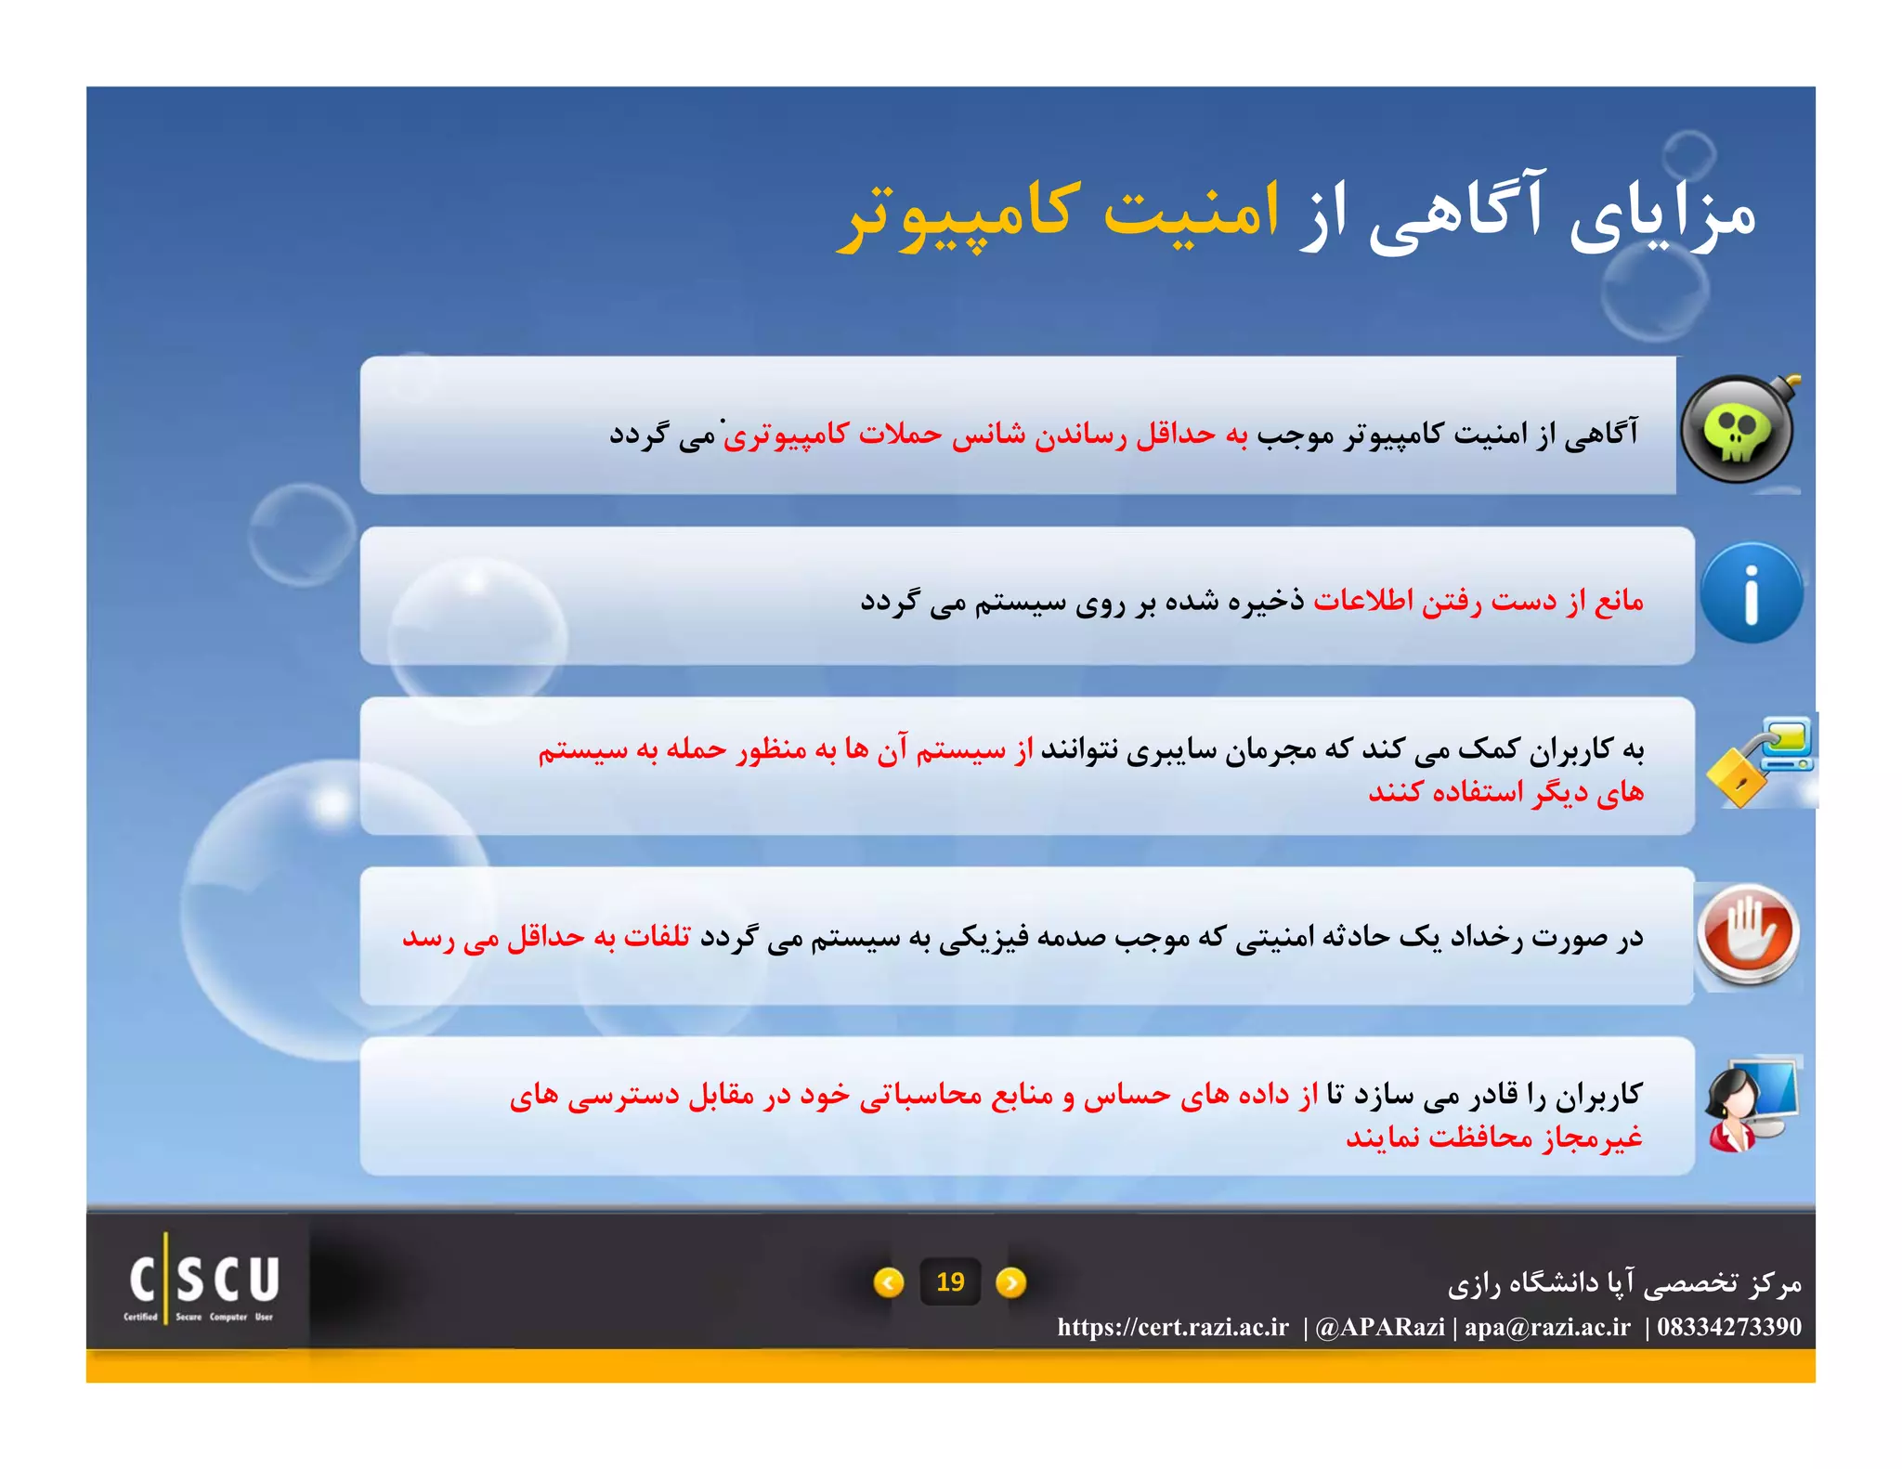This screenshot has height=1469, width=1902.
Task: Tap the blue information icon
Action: (1751, 593)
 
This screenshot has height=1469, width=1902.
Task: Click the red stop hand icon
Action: (1748, 933)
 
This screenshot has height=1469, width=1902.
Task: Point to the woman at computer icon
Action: (1752, 1104)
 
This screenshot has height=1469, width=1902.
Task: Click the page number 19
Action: (949, 1282)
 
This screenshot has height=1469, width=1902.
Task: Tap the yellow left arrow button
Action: (889, 1282)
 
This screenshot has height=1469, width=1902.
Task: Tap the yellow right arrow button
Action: (1010, 1282)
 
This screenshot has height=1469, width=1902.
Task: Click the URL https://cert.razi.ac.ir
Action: (1173, 1327)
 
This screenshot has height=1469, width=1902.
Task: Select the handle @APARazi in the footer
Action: (1379, 1327)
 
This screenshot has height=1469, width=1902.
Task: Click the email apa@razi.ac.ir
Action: (1547, 1327)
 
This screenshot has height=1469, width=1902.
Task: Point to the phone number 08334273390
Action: (1729, 1327)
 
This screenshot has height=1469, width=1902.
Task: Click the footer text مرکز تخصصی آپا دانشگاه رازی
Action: (1624, 1283)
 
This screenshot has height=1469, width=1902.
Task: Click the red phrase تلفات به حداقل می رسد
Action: (546, 936)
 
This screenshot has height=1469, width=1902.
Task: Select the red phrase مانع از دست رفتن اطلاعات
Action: (1478, 601)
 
